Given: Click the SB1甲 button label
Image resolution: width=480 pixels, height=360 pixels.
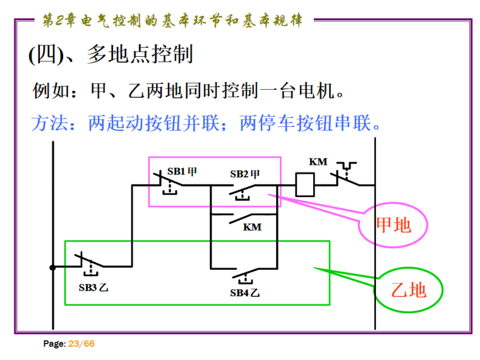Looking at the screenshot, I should click(182, 171).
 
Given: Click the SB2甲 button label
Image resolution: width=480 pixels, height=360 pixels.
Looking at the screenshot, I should click(245, 173).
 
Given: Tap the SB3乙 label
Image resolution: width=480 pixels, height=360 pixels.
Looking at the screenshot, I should click(93, 287).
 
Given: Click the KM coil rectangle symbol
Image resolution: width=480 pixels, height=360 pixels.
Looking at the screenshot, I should click(306, 185).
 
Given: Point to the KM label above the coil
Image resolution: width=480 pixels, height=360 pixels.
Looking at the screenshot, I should click(318, 162).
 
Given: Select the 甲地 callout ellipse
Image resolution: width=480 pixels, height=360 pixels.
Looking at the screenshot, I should click(393, 225).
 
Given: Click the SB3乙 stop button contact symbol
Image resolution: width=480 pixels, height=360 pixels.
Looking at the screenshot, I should click(89, 264).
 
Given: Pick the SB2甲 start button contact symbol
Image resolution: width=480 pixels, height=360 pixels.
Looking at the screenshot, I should click(243, 189).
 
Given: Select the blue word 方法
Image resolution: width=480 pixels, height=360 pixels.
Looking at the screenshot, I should click(49, 122).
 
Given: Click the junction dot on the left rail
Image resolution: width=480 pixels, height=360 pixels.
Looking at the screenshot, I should click(53, 267).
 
